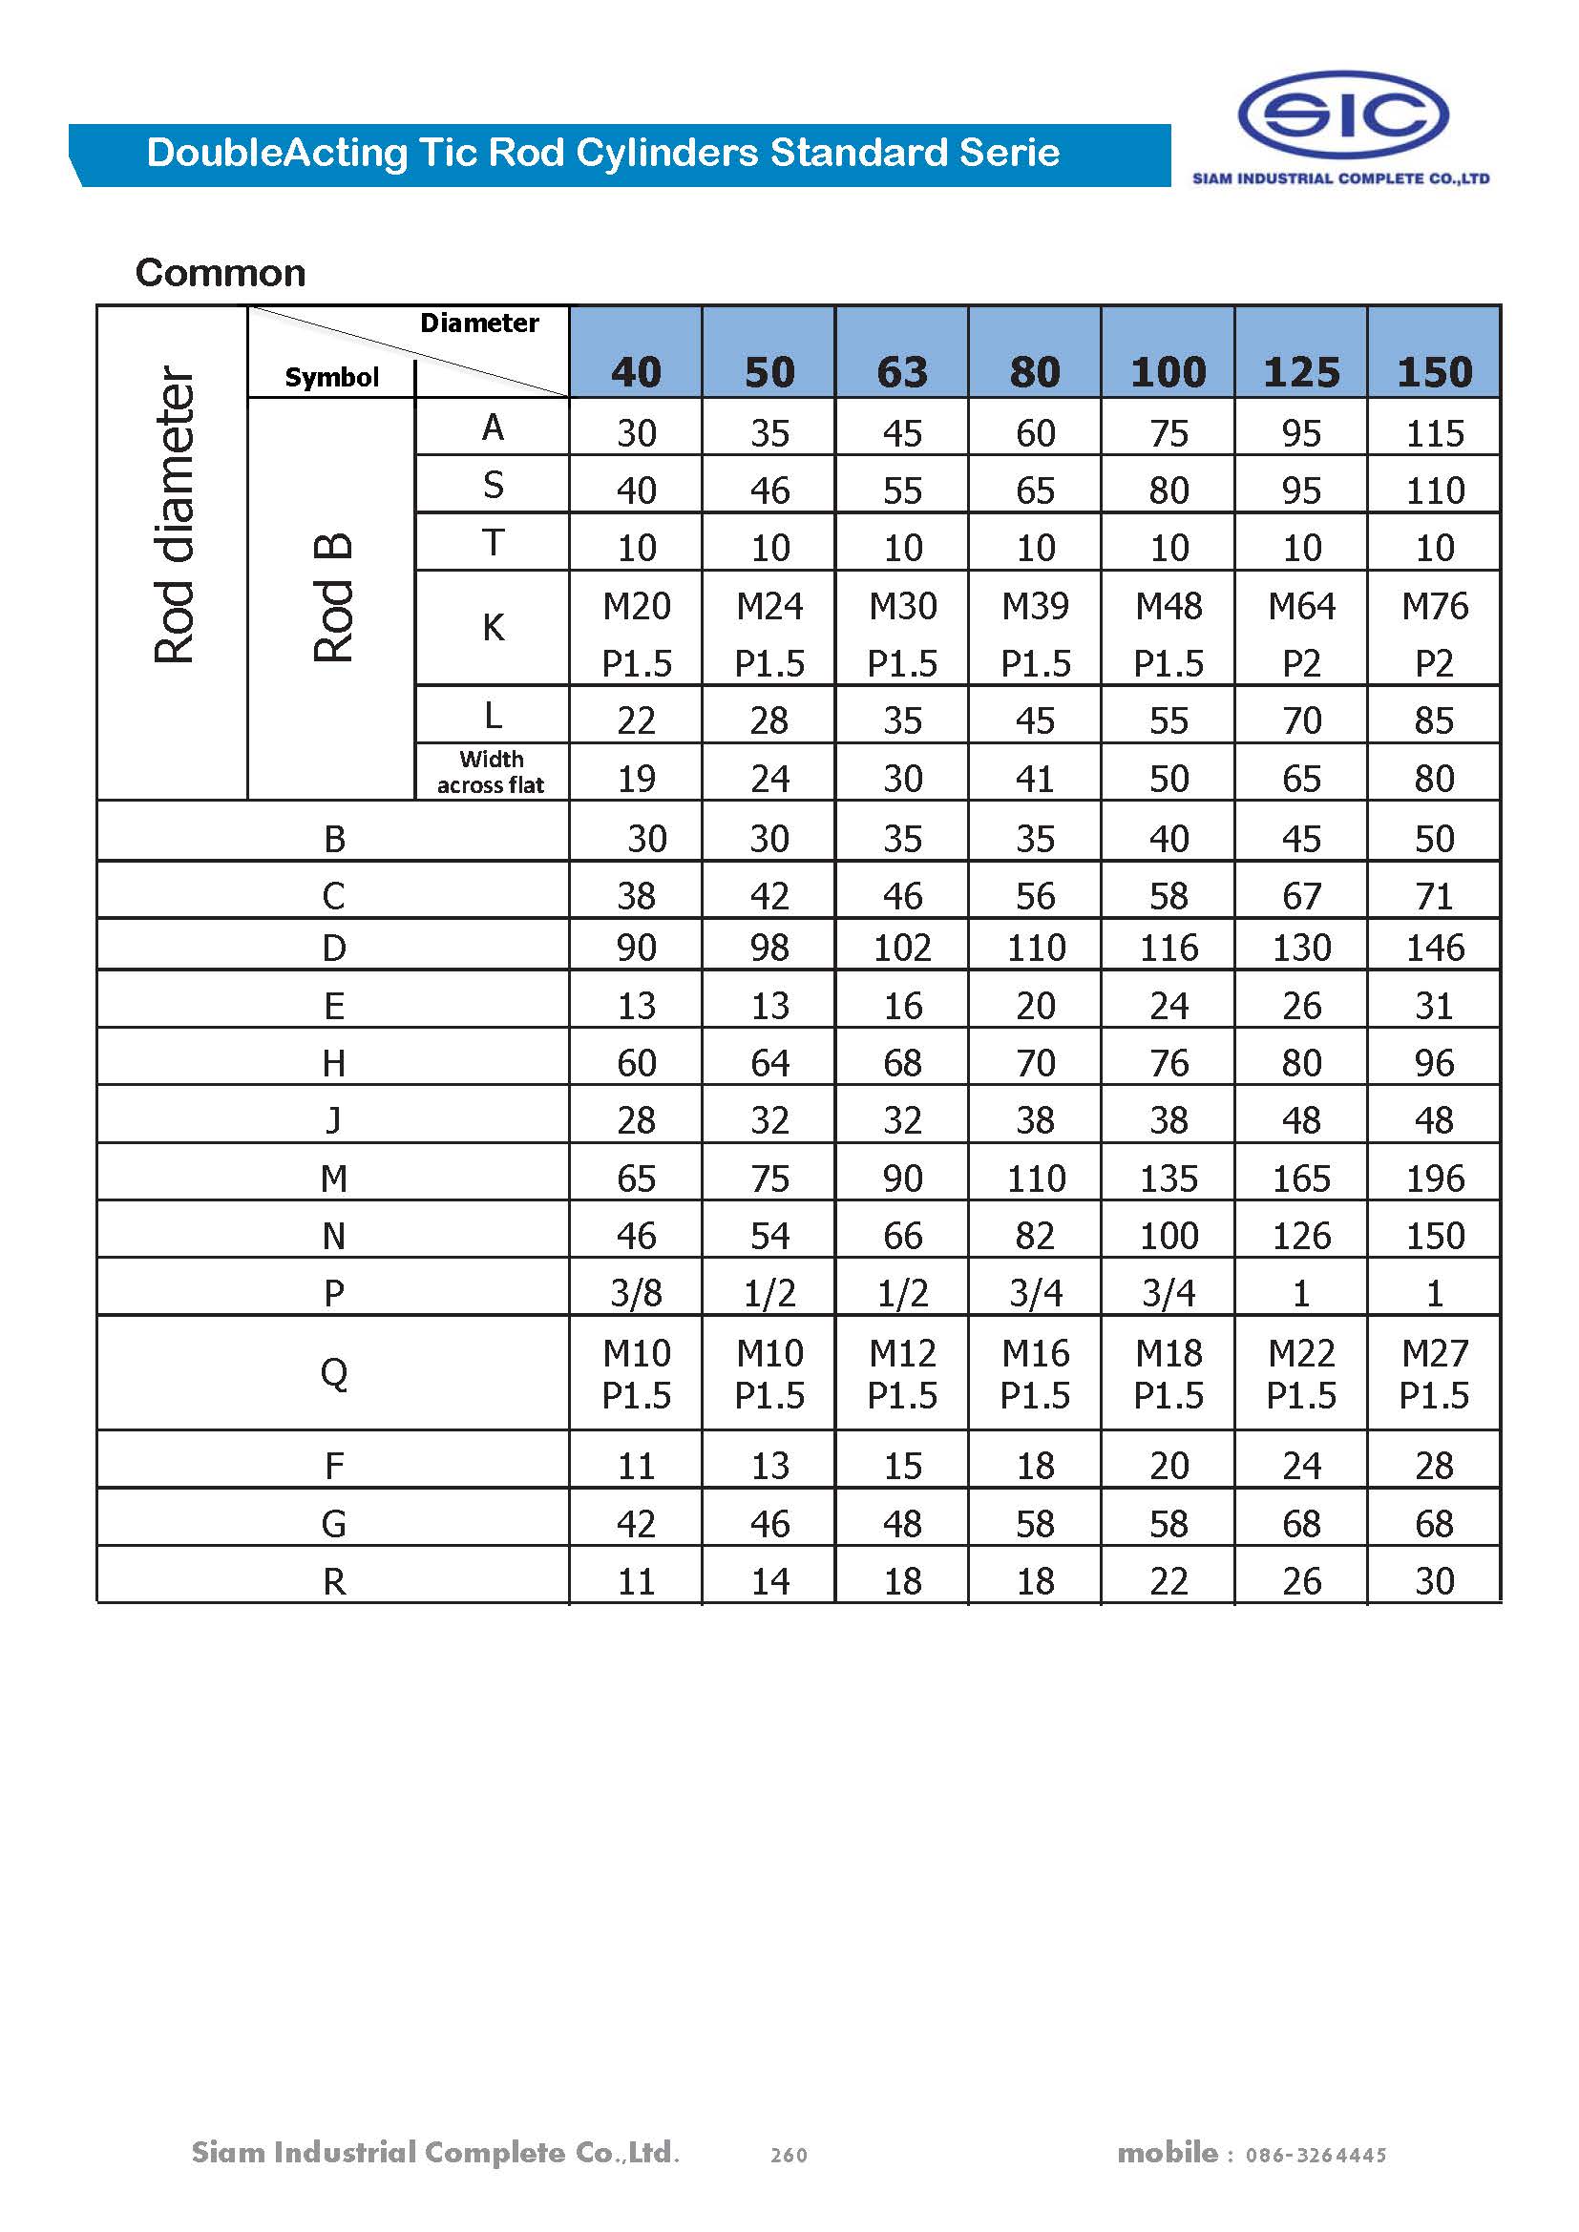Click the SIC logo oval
pos(1343,115)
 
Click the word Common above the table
pos(221,273)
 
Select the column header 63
pos(902,372)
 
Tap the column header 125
pos(1301,372)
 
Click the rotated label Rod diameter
pos(175,515)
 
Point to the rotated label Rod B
pos(332,598)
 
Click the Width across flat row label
pos(491,772)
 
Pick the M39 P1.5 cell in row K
pos(1036,634)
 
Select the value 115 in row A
pos(1434,433)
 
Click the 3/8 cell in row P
pos(636,1293)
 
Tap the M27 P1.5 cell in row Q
pos(1434,1373)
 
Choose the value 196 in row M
pos(1434,1179)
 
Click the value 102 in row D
pos(902,948)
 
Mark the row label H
pos(333,1063)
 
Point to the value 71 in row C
pos(1434,896)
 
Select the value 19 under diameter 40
pos(636,779)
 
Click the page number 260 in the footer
pos(789,2156)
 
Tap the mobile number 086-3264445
pos(1316,2156)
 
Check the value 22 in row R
pos(1168,1581)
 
